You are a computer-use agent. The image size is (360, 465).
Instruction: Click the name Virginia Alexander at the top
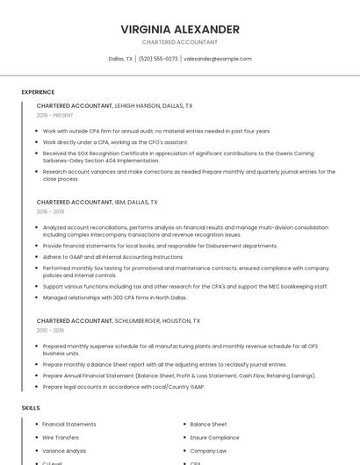tap(180, 29)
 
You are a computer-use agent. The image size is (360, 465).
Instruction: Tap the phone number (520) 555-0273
tap(158, 59)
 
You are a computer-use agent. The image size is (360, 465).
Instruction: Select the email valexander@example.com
tap(218, 59)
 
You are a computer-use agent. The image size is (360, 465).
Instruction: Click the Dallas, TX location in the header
tap(120, 59)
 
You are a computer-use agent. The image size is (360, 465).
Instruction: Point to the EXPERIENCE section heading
tap(38, 92)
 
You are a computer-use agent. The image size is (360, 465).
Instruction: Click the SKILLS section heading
tap(31, 408)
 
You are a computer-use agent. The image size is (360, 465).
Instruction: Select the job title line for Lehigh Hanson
tap(114, 105)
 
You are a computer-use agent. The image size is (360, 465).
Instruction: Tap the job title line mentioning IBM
tap(97, 202)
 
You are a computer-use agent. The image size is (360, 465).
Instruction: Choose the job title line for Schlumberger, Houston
tap(118, 321)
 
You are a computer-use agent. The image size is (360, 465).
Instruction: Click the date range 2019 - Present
tap(54, 115)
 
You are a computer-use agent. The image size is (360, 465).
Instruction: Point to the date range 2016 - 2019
tap(50, 211)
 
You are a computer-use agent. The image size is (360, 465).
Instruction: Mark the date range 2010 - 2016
tap(50, 331)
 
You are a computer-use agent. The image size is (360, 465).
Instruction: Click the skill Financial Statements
tap(69, 425)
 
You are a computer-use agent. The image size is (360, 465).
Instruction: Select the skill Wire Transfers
tap(61, 438)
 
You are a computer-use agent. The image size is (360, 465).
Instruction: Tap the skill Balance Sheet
tap(208, 425)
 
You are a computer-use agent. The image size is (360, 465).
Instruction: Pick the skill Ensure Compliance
tap(214, 438)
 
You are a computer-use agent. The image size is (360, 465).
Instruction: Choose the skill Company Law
tap(208, 451)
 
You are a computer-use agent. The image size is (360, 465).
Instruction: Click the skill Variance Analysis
tap(64, 451)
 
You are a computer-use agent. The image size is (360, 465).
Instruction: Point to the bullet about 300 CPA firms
tap(115, 297)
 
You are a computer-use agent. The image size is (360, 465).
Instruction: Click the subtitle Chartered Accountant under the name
tap(180, 42)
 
